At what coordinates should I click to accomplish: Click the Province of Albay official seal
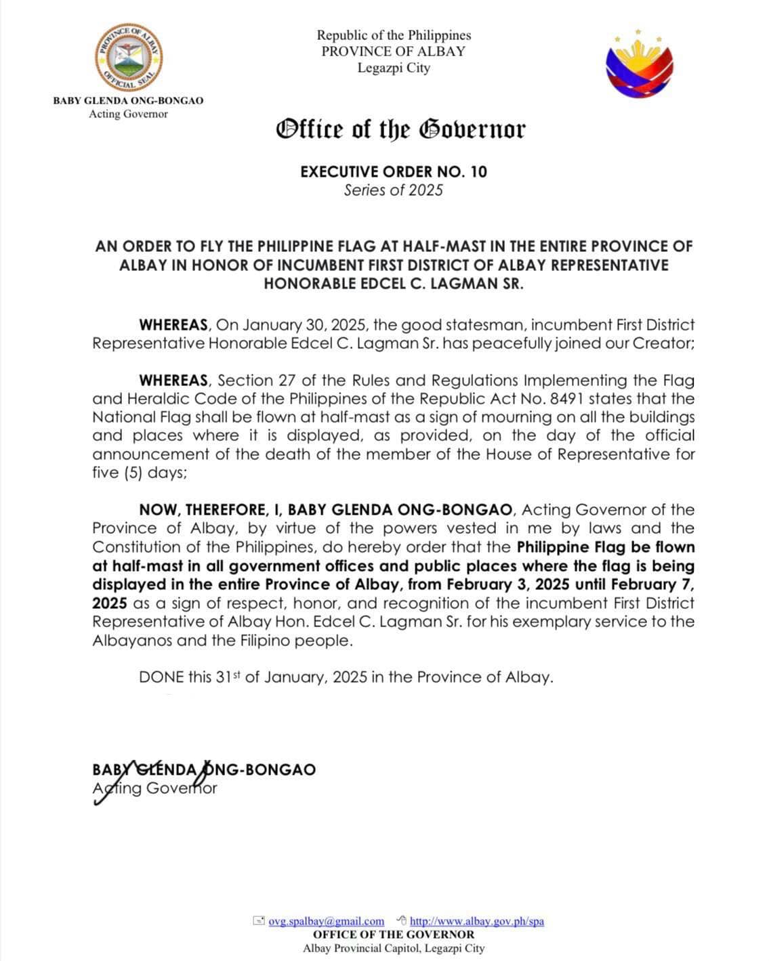click(x=129, y=58)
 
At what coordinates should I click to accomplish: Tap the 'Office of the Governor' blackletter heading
click(x=400, y=129)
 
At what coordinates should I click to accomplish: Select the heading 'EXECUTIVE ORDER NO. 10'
click(x=394, y=171)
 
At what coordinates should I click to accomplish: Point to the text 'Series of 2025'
click(x=393, y=190)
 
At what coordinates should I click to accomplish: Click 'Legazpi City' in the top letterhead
click(x=394, y=68)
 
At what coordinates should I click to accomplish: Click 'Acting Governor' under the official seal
click(x=128, y=114)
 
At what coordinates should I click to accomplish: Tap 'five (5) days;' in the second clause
click(x=139, y=473)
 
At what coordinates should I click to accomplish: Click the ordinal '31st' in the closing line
click(x=228, y=677)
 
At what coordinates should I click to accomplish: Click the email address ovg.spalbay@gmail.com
click(x=326, y=921)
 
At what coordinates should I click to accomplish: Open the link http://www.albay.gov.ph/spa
click(x=476, y=921)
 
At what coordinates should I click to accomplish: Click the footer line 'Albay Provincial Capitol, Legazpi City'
click(x=394, y=948)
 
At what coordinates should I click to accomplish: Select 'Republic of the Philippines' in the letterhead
click(x=394, y=35)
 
